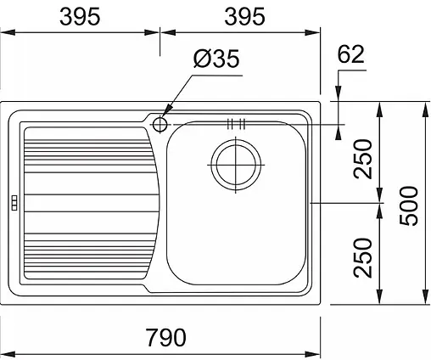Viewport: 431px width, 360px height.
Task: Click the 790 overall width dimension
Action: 166,337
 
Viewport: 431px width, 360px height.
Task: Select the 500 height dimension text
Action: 409,205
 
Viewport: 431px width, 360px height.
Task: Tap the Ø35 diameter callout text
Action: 216,59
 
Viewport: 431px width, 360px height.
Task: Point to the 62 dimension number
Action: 350,54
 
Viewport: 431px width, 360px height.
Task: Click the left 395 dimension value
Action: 80,16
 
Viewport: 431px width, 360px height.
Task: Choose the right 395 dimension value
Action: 244,16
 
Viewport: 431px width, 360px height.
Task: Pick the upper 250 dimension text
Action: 362,159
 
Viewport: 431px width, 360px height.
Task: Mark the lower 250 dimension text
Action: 362,257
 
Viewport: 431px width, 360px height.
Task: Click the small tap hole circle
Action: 160,125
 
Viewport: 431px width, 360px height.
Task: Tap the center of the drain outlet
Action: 236,165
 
